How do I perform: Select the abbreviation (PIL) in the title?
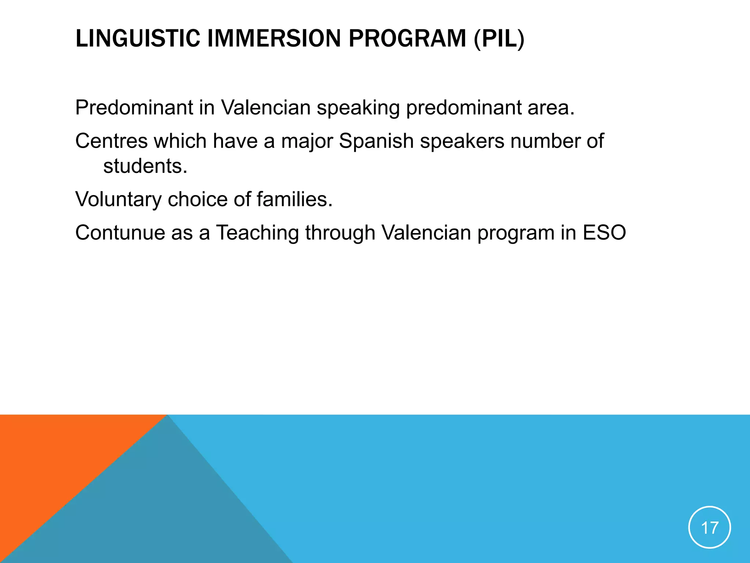499,38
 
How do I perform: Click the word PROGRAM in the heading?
407,38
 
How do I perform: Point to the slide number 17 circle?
709,527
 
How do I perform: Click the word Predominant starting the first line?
134,108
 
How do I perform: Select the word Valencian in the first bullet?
266,108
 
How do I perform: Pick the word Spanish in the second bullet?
376,141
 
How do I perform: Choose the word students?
145,166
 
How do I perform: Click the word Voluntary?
118,199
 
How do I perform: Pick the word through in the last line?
340,233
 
